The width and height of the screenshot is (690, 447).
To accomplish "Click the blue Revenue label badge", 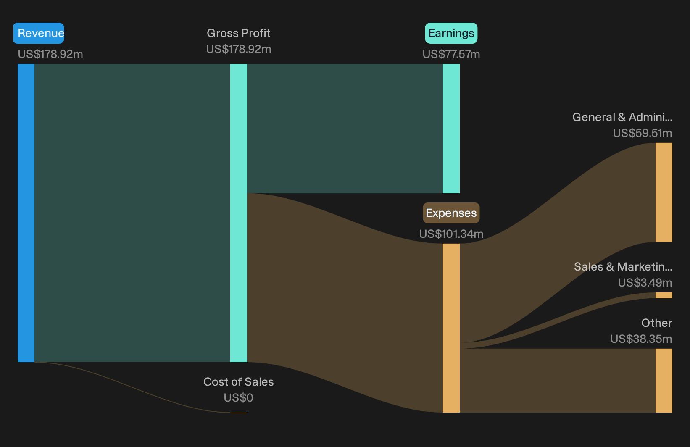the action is coord(39,33).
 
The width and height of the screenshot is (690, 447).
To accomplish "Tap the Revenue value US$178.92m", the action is coord(50,54).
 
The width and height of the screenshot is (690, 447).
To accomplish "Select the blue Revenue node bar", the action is coord(26,213).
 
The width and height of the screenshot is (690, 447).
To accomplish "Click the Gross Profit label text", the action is coord(238,33).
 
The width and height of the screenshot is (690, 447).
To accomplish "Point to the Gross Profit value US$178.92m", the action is coord(238,49).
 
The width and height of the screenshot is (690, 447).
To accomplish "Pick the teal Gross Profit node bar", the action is coord(239,213).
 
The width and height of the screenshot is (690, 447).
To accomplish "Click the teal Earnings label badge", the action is coord(451,33).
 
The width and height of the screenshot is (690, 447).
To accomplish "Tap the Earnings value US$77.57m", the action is coord(451,54).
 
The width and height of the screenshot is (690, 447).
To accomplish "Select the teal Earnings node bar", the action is coord(451,129).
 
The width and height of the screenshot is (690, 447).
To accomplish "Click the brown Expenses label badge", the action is coord(451,213).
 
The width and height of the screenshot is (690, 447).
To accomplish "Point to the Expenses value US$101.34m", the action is coord(451,234).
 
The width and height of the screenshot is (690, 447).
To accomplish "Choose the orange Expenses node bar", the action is coord(451,328).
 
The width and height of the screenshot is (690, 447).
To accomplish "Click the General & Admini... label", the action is coord(622,117).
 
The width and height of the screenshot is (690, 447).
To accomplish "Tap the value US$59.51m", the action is coord(643,133).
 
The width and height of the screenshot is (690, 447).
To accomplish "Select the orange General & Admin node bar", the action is coord(664,192).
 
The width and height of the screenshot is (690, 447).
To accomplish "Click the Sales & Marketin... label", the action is coord(623,267).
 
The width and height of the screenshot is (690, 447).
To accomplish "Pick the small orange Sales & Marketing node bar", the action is coord(664,295).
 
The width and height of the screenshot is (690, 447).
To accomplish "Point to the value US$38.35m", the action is coord(641,339).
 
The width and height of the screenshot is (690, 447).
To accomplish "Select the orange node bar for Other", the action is coord(664,381).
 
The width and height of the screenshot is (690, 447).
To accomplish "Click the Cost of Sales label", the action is coord(238,382).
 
